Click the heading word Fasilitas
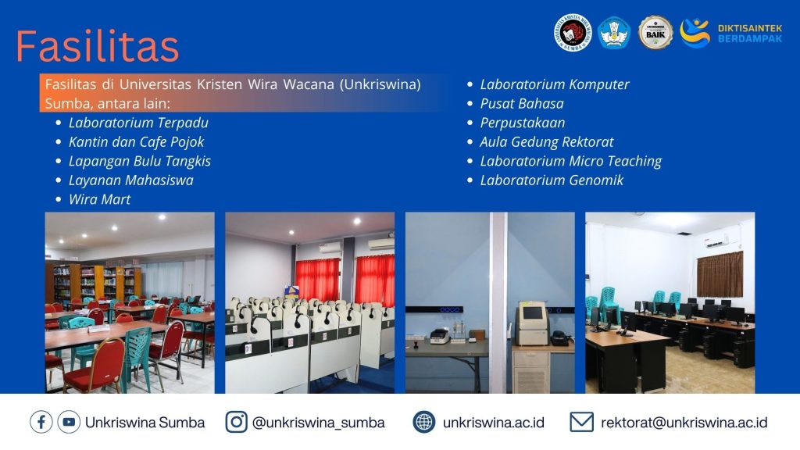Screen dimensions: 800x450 98,46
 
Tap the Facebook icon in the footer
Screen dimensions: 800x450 41,423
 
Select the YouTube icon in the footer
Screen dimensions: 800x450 69,423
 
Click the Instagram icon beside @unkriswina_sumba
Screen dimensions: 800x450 236,423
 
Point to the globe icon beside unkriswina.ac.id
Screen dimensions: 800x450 424,423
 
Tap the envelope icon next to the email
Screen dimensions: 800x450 581,423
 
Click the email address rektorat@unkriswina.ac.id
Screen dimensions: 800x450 684,423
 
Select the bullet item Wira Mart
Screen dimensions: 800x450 99,199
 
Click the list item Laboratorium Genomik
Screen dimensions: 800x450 552,180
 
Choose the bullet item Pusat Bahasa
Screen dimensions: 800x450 522,104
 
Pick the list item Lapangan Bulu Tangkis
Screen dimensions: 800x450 140,161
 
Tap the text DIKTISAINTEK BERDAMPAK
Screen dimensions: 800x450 749,34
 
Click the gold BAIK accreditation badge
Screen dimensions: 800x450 655,33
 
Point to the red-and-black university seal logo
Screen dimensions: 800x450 573,33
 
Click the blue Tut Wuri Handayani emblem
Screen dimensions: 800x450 614,33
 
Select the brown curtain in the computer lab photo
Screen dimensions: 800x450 720,274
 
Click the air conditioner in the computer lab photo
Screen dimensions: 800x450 716,241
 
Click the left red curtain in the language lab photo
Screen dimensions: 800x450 317,280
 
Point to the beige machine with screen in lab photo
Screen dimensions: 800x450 531,323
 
